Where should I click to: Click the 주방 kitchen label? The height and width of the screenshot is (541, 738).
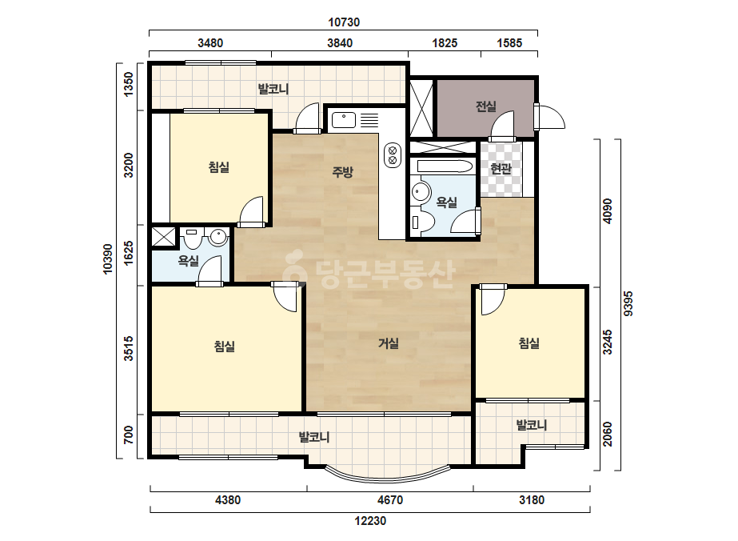[x=343, y=172]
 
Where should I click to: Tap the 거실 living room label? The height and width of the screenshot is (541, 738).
[x=389, y=343]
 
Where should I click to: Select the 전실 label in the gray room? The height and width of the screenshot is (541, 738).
[x=485, y=106]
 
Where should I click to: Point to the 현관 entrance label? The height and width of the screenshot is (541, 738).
[x=501, y=168]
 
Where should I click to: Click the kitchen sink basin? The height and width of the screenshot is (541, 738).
[x=344, y=120]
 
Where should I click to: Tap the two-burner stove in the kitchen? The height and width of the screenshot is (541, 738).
[x=393, y=155]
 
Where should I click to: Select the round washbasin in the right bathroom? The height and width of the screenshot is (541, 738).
[x=421, y=192]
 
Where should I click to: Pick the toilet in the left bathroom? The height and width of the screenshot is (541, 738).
[x=192, y=239]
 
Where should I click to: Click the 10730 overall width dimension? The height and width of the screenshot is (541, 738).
[x=344, y=22]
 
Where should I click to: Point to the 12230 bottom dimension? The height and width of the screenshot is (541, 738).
[x=370, y=520]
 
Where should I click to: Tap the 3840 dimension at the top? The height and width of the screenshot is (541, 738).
[x=340, y=43]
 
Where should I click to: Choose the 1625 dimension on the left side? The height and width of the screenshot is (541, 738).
[x=129, y=254]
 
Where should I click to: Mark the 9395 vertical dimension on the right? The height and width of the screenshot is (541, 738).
[x=628, y=304]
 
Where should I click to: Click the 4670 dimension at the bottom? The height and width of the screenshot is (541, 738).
[x=390, y=499]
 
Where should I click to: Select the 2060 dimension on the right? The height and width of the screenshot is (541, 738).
[x=608, y=434]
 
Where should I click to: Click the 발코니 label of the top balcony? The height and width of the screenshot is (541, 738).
[x=273, y=89]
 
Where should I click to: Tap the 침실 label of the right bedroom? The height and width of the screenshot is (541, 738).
[x=529, y=343]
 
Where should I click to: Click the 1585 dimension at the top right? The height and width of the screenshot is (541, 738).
[x=510, y=43]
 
